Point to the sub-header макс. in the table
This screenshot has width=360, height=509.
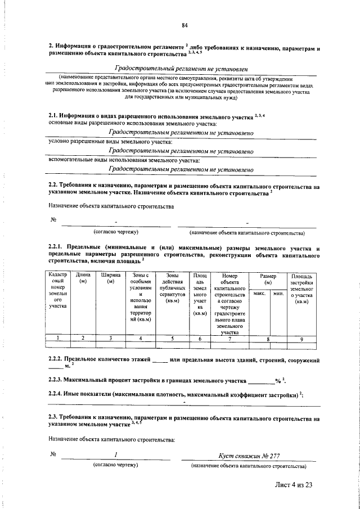[259, 294]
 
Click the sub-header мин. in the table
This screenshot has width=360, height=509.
[277, 294]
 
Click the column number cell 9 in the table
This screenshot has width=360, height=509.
[301, 337]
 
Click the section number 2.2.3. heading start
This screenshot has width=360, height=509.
[60, 381]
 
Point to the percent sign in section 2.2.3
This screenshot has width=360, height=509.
[277, 381]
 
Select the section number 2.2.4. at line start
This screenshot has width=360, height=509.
[60, 394]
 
